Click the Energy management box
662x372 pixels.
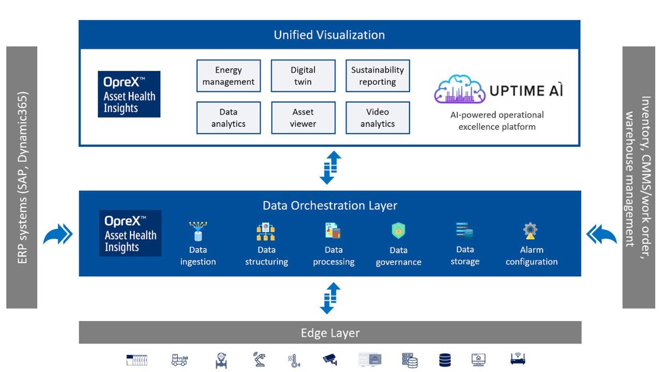(229, 76)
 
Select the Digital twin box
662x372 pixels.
(303, 76)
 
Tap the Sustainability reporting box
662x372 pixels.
(378, 76)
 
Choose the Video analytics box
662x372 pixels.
(378, 118)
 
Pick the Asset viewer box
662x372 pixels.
(303, 118)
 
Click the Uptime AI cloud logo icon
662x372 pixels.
(459, 89)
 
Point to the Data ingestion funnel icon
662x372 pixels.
(198, 231)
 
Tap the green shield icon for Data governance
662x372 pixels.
(398, 230)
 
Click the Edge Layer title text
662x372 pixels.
(330, 333)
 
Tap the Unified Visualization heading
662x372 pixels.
(329, 35)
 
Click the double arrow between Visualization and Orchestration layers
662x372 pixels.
(330, 168)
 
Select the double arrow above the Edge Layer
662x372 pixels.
(330, 298)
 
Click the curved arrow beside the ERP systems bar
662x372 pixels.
(58, 235)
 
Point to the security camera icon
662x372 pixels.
(330, 359)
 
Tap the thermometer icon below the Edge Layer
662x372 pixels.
(294, 361)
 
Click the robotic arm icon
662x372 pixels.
(259, 359)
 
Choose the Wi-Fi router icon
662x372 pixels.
(518, 359)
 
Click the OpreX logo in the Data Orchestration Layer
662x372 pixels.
(130, 233)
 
